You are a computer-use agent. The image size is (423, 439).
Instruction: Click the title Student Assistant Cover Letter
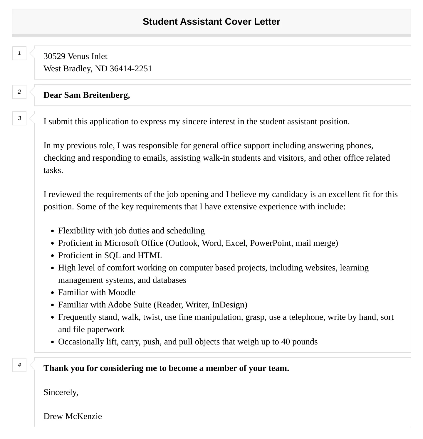coord(211,21)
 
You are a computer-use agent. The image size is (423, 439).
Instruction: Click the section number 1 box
coord(19,53)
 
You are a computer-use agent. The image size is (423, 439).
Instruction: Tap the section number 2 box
coord(19,92)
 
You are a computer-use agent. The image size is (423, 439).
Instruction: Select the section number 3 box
coord(19,118)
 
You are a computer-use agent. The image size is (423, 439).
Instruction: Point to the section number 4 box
coord(19,365)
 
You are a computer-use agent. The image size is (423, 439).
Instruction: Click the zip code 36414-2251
coord(131,69)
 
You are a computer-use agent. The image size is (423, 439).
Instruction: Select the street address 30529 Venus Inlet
coord(75,56)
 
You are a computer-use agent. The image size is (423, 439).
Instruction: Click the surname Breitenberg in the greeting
coord(106,95)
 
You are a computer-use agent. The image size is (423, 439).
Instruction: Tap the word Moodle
coord(122,292)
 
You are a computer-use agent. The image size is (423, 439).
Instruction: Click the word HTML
coord(150,255)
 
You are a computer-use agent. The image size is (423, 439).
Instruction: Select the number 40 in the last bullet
coord(286,342)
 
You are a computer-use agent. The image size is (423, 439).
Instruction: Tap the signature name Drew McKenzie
coord(73,416)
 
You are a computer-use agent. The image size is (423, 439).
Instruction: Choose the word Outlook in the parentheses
coord(184,243)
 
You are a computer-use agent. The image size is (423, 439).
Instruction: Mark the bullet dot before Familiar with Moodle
coord(52,293)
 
